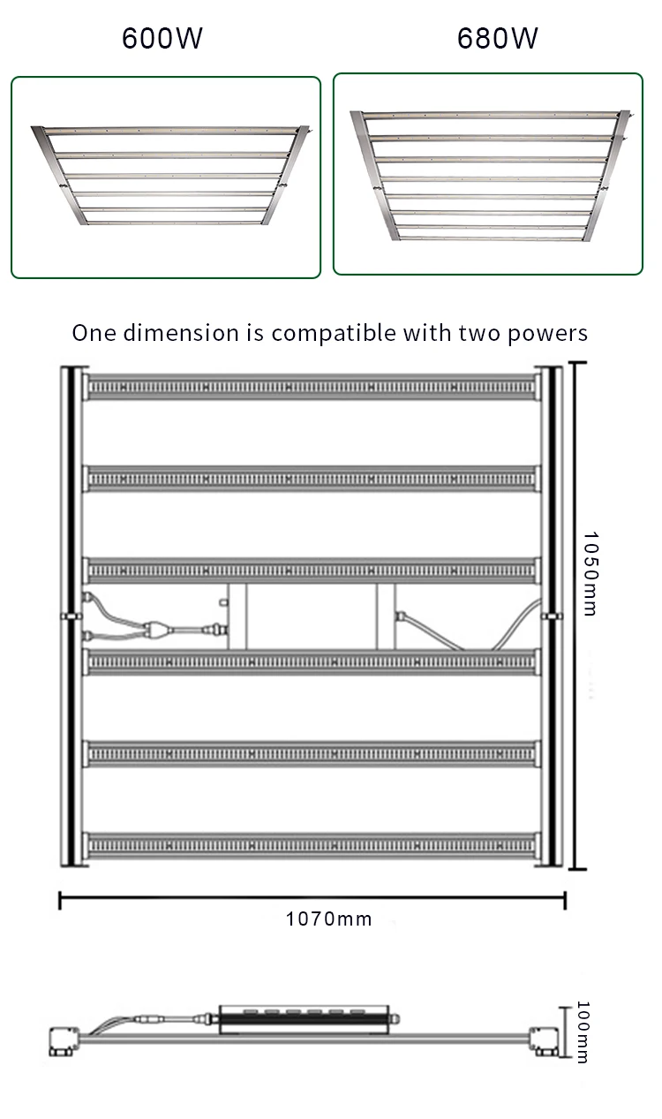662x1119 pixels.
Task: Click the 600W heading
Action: click(162, 40)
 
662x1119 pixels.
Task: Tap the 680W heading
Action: click(497, 40)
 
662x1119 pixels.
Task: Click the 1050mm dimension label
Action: click(590, 573)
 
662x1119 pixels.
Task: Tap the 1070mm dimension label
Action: click(328, 919)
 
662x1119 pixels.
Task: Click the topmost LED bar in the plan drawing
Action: click(311, 387)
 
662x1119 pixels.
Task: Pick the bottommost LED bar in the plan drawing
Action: click(311, 845)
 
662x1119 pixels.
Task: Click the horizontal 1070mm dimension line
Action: click(312, 900)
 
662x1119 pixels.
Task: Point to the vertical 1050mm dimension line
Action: click(576, 616)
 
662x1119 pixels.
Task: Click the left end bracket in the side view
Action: click(64, 1041)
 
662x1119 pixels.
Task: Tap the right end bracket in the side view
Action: click(545, 1042)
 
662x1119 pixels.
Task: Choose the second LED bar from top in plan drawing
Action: click(311, 478)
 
